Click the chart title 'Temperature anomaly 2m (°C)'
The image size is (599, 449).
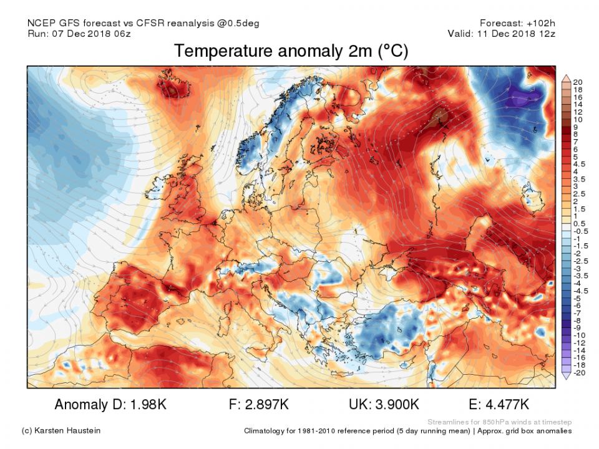coord(291,51)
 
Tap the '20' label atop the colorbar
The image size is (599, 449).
coord(577,82)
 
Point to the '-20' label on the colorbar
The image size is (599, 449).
coord(578,374)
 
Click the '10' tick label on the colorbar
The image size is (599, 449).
coord(577,119)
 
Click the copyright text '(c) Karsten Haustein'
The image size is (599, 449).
coord(61,431)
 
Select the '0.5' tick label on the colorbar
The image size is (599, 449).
coord(578,223)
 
